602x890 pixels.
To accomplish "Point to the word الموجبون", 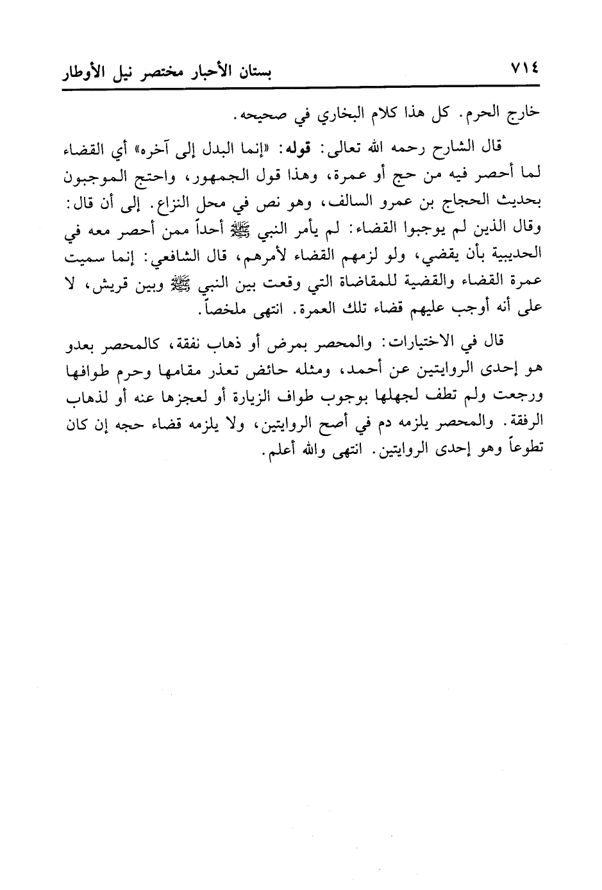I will (94, 172).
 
